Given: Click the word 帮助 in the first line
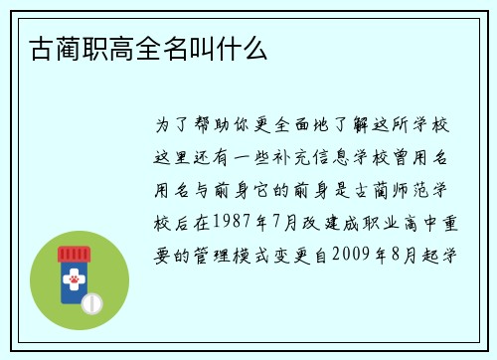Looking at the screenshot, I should [x=210, y=126].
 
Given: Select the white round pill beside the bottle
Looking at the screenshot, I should [x=91, y=300].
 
